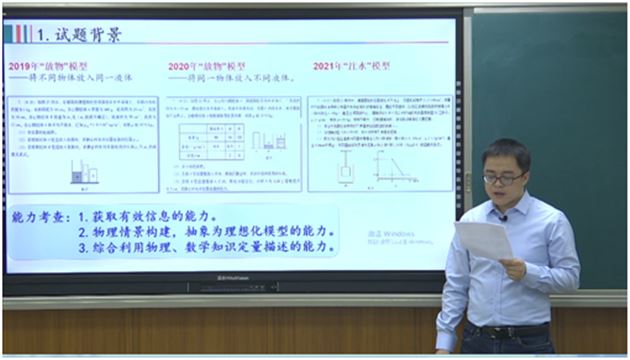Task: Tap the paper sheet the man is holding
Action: pyautogui.click(x=482, y=240)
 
